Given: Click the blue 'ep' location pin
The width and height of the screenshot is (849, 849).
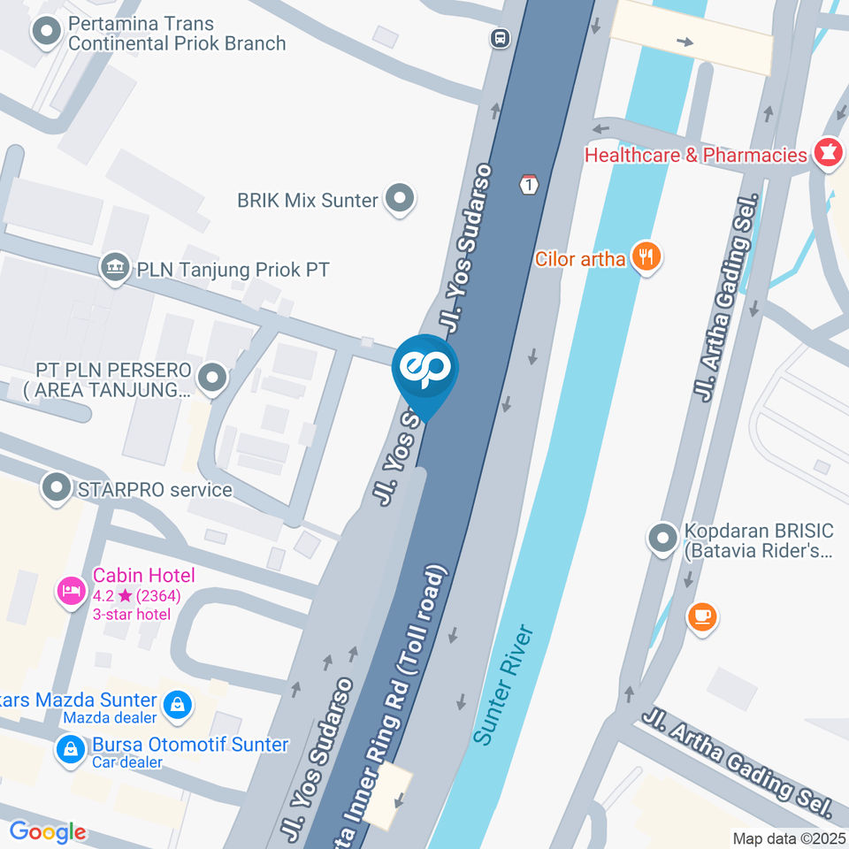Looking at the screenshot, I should tap(425, 371).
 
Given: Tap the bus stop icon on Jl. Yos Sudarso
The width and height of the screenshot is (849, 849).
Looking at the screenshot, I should tap(501, 38).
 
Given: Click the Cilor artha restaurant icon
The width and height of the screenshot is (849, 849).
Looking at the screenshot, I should tap(647, 257).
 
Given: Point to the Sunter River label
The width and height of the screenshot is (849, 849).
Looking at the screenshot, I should tap(504, 685).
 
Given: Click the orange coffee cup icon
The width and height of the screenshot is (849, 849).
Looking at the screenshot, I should tap(703, 616).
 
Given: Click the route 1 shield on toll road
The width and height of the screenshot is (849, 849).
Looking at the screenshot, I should tap(529, 184).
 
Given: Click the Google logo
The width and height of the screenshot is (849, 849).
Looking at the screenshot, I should tap(47, 831).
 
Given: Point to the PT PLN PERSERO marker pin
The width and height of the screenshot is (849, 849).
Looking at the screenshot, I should tap(211, 379).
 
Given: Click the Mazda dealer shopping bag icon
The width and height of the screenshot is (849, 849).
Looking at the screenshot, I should tap(178, 704).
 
